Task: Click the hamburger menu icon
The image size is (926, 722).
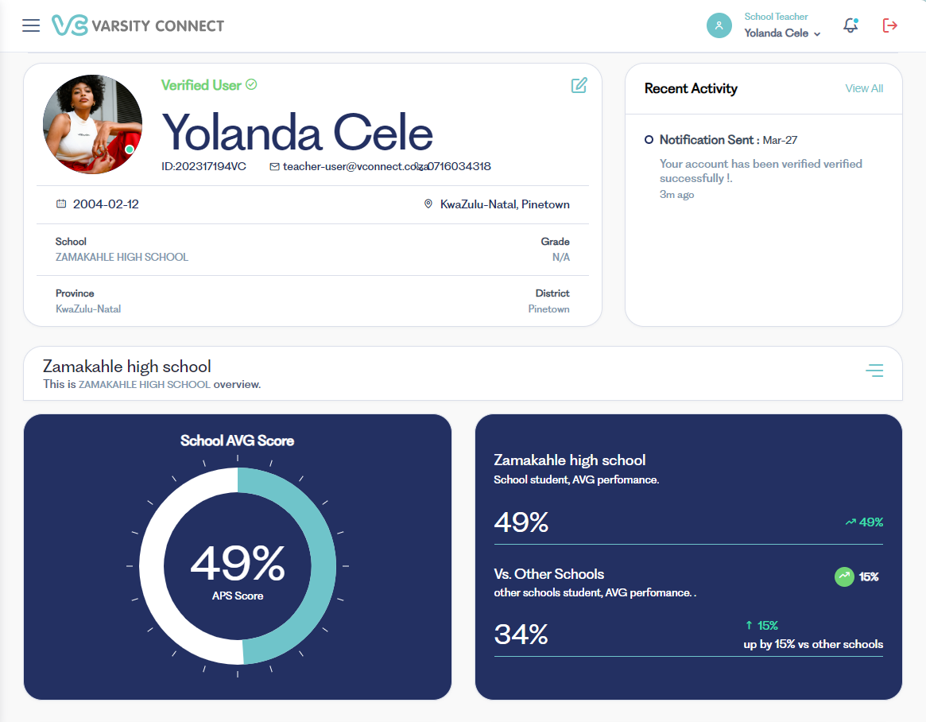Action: pos(31,25)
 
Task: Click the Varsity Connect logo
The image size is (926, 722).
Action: pos(138,25)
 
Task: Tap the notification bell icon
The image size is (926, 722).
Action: pos(850,25)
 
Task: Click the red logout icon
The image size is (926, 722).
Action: pos(890,25)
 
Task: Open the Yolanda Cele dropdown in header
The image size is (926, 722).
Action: pos(782,33)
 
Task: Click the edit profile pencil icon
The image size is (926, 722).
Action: pos(579,85)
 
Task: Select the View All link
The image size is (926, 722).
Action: pos(864,88)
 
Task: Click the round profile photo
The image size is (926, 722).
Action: pos(92,125)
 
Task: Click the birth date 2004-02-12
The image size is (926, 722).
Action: pos(106,204)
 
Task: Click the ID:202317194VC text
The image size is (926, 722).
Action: pos(203,167)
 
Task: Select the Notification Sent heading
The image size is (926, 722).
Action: pos(706,140)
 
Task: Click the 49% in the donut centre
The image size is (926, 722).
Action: pos(238,563)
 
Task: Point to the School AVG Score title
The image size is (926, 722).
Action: pos(237,441)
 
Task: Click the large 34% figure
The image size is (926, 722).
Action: pos(521,635)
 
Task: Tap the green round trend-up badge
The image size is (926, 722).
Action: pos(844,576)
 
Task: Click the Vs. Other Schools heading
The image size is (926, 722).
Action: pos(548,574)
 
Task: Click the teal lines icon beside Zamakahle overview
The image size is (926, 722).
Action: pos(874,371)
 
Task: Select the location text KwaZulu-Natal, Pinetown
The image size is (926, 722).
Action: pos(504,204)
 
